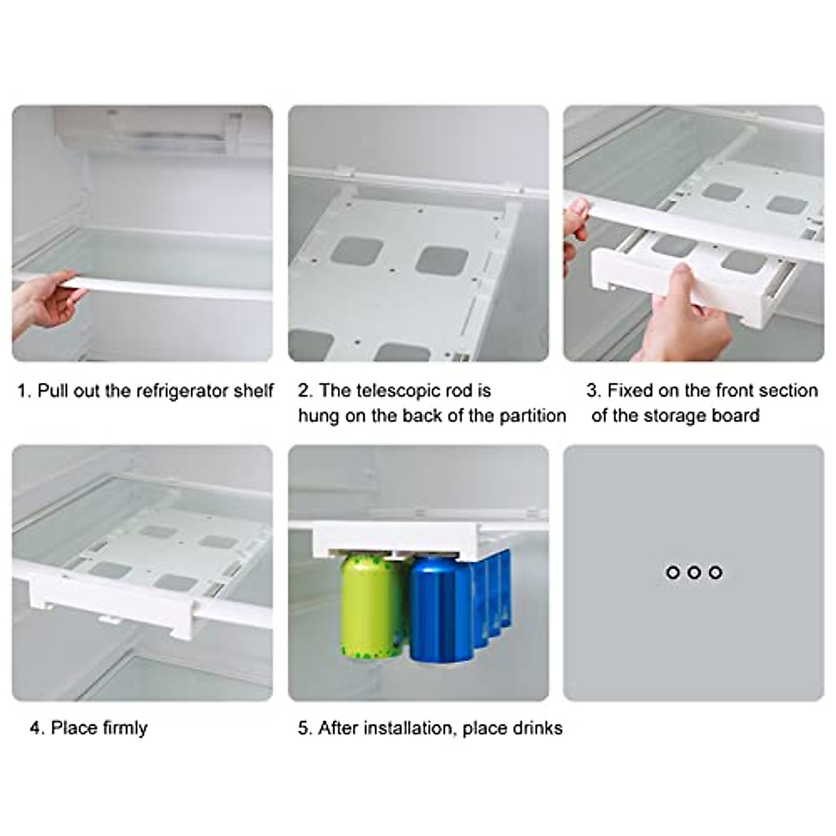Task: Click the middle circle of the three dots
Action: tap(693, 572)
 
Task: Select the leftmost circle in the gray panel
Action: tap(672, 572)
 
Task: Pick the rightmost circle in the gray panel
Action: tap(715, 572)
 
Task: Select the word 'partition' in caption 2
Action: tap(532, 416)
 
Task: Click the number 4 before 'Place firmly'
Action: tap(36, 728)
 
